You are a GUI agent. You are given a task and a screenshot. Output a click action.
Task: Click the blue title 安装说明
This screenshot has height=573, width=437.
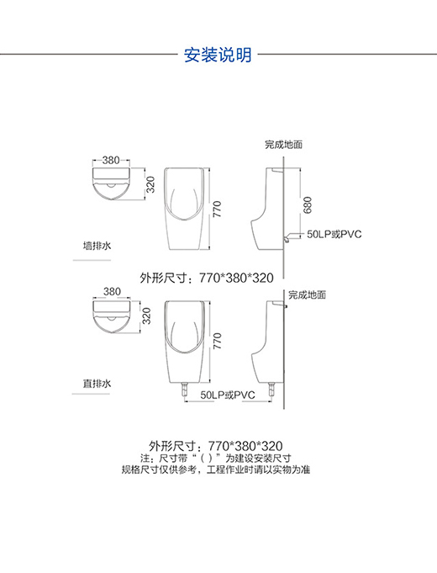tap(218, 55)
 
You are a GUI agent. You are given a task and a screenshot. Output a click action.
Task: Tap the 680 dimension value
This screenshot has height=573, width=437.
tap(308, 204)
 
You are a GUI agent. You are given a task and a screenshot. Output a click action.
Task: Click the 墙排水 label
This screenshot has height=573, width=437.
tap(97, 246)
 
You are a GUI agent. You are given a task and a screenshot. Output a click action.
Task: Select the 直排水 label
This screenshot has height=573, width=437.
tap(97, 384)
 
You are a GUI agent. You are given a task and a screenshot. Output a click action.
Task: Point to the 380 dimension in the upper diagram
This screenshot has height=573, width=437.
tap(111, 160)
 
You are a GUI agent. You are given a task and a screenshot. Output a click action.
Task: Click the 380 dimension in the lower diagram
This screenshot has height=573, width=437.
tap(112, 292)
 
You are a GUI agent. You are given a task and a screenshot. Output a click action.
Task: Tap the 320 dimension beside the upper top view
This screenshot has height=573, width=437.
tap(150, 184)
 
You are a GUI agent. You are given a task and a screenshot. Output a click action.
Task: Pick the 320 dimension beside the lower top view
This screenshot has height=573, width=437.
tap(146, 316)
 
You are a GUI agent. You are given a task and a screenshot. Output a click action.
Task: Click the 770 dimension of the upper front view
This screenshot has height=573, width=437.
tap(217, 209)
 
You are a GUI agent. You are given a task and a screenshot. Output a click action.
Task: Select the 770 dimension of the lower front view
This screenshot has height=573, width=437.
tap(217, 341)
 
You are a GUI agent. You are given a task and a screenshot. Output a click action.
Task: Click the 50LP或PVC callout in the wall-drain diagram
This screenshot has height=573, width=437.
tap(334, 234)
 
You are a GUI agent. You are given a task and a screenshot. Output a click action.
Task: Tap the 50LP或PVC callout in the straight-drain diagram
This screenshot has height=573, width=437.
tap(228, 395)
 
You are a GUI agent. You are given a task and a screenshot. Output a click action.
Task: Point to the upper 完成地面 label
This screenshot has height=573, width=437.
tap(284, 145)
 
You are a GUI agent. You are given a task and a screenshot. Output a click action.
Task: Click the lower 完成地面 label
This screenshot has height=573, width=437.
tap(307, 294)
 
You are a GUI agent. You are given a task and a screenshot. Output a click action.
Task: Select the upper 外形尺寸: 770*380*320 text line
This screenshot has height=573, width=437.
tap(207, 279)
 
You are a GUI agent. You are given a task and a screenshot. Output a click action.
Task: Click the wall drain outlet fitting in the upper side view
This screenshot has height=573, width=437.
tap(287, 237)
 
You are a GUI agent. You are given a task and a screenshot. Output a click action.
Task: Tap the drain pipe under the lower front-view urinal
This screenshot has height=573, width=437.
tap(185, 390)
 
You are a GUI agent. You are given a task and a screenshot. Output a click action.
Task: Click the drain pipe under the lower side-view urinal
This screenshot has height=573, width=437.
tap(271, 390)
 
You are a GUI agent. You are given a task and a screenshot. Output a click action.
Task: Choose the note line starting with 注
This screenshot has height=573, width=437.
tap(216, 459)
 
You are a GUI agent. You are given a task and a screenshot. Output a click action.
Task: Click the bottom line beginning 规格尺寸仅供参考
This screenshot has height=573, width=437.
tap(216, 470)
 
